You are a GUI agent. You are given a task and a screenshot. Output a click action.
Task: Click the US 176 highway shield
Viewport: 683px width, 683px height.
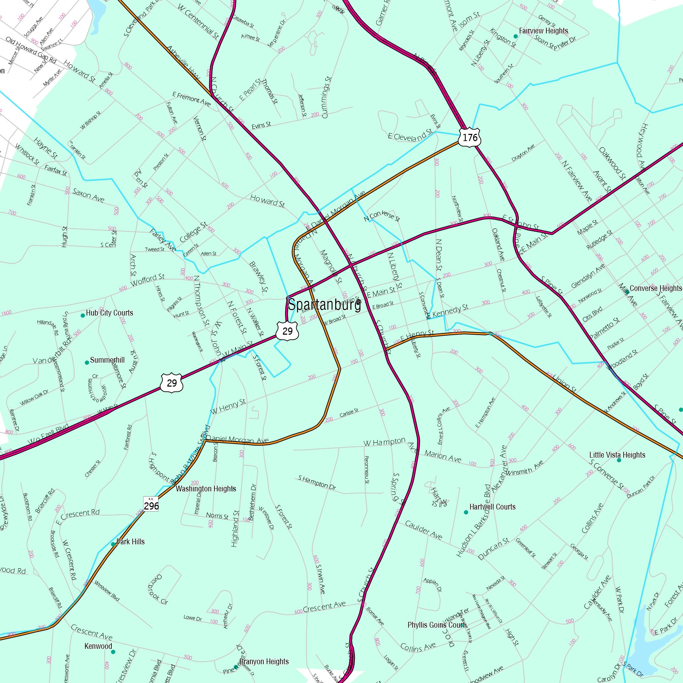click(470, 137)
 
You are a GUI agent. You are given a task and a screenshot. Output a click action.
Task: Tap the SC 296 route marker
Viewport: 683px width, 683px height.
click(151, 504)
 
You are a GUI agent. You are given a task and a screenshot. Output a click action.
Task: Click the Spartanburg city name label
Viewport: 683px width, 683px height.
click(324, 305)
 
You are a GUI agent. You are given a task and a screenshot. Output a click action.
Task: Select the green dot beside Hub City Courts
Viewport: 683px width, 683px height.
click(83, 315)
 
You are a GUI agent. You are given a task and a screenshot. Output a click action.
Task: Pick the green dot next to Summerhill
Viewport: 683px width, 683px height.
click(87, 362)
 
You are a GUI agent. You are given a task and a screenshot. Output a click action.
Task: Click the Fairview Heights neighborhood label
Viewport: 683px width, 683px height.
click(543, 31)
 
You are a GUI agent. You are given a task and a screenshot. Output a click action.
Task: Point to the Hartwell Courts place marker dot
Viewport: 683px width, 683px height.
click(465, 512)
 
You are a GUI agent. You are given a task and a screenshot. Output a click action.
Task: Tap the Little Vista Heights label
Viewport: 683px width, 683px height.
click(617, 455)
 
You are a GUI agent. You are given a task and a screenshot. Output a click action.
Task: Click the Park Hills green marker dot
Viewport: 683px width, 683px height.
click(113, 544)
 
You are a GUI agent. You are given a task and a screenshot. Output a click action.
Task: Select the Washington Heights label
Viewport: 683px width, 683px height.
click(206, 489)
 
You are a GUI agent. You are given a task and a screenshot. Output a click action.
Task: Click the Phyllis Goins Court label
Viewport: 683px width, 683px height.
click(436, 625)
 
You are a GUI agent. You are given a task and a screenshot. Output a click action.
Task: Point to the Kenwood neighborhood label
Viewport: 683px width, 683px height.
click(98, 646)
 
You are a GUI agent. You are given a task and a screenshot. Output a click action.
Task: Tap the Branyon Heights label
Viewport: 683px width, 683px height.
click(264, 661)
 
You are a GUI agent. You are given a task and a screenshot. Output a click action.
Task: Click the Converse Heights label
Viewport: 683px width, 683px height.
click(655, 289)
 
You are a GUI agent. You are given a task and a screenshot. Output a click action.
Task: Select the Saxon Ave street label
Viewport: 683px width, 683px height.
click(88, 195)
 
